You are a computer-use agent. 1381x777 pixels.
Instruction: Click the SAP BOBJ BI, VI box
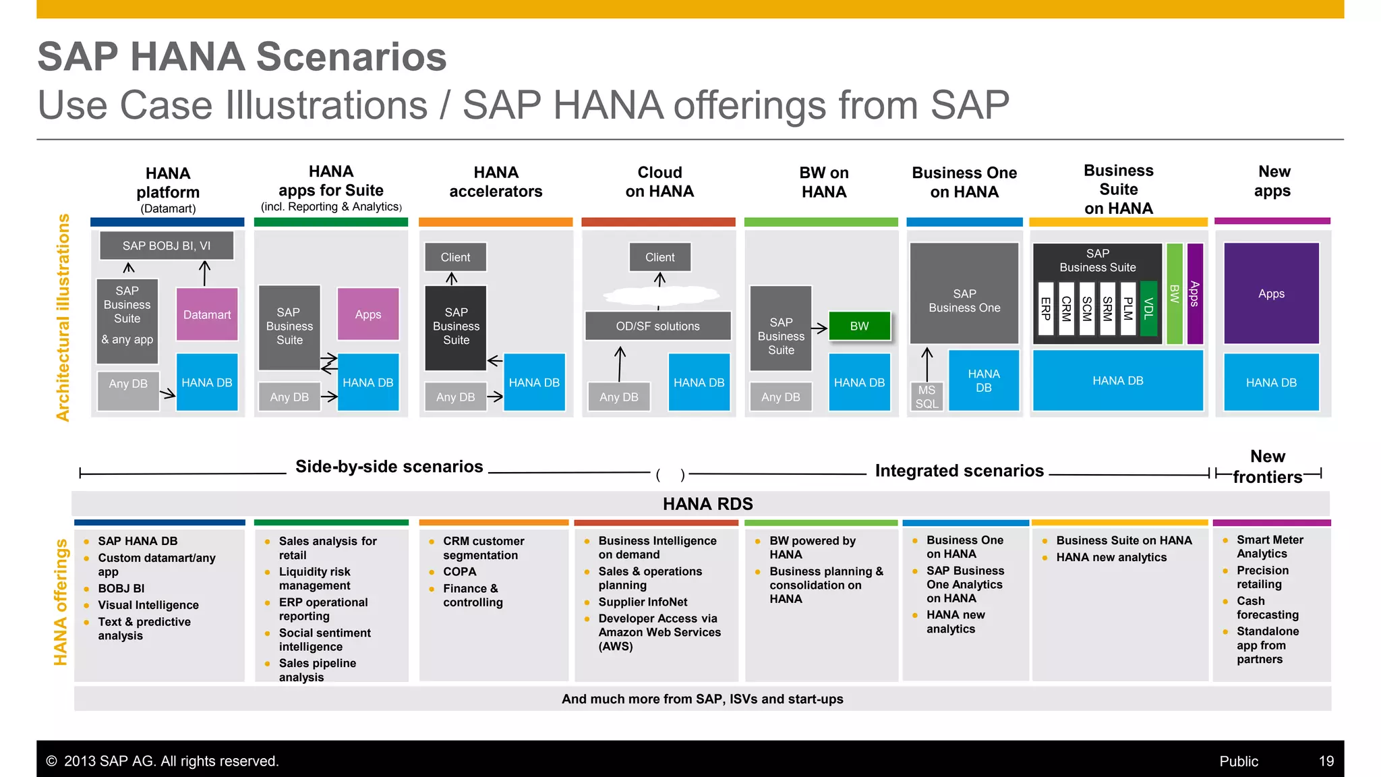(167, 246)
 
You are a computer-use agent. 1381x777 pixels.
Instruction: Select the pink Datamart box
(207, 314)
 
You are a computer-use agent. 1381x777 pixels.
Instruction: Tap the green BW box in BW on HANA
(859, 326)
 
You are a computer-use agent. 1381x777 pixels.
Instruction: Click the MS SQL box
(927, 397)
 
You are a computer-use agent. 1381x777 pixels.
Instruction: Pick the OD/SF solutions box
(657, 326)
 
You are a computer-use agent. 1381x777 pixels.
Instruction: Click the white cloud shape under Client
(660, 295)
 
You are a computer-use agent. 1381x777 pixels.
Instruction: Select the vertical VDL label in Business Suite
(1148, 308)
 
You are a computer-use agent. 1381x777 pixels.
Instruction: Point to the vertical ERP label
(1046, 308)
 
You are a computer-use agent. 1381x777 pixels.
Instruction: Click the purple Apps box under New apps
(1271, 293)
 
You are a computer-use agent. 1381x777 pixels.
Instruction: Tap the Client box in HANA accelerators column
(455, 257)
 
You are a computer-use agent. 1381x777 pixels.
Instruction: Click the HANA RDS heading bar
(707, 504)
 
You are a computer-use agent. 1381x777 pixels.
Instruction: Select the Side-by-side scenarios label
(389, 467)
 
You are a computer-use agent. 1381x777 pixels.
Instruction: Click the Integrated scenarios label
(959, 471)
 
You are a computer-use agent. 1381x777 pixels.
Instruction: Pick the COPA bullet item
(460, 571)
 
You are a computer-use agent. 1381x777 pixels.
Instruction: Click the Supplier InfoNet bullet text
(643, 602)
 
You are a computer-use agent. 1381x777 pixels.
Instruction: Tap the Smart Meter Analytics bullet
(1269, 546)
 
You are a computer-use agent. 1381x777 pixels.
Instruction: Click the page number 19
(1326, 761)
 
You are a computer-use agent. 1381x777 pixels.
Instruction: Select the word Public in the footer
(1238, 761)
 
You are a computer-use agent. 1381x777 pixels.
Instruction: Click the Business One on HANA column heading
(964, 182)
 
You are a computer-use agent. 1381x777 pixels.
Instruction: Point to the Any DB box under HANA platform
(128, 384)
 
